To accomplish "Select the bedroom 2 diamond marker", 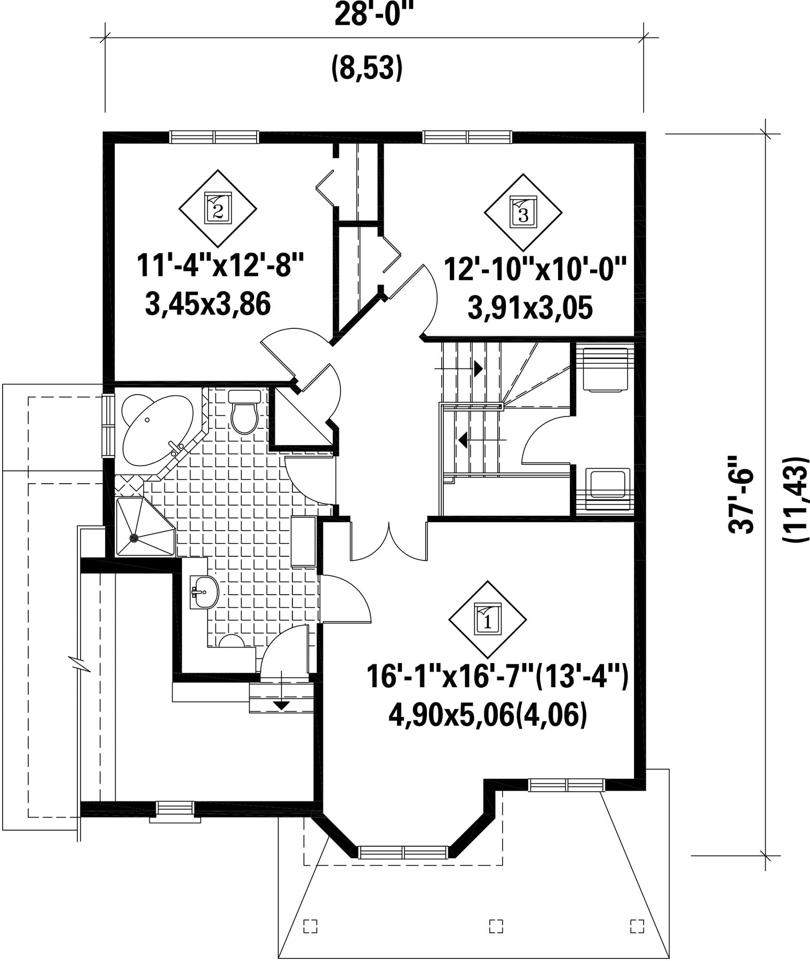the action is pyautogui.click(x=218, y=208).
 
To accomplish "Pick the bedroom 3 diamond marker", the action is pyautogui.click(x=523, y=212).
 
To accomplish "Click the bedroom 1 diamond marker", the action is pyautogui.click(x=487, y=619).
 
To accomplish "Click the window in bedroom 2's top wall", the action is pyautogui.click(x=215, y=137).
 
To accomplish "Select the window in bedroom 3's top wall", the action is pyautogui.click(x=467, y=137).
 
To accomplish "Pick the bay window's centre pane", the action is pyautogui.click(x=404, y=852).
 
